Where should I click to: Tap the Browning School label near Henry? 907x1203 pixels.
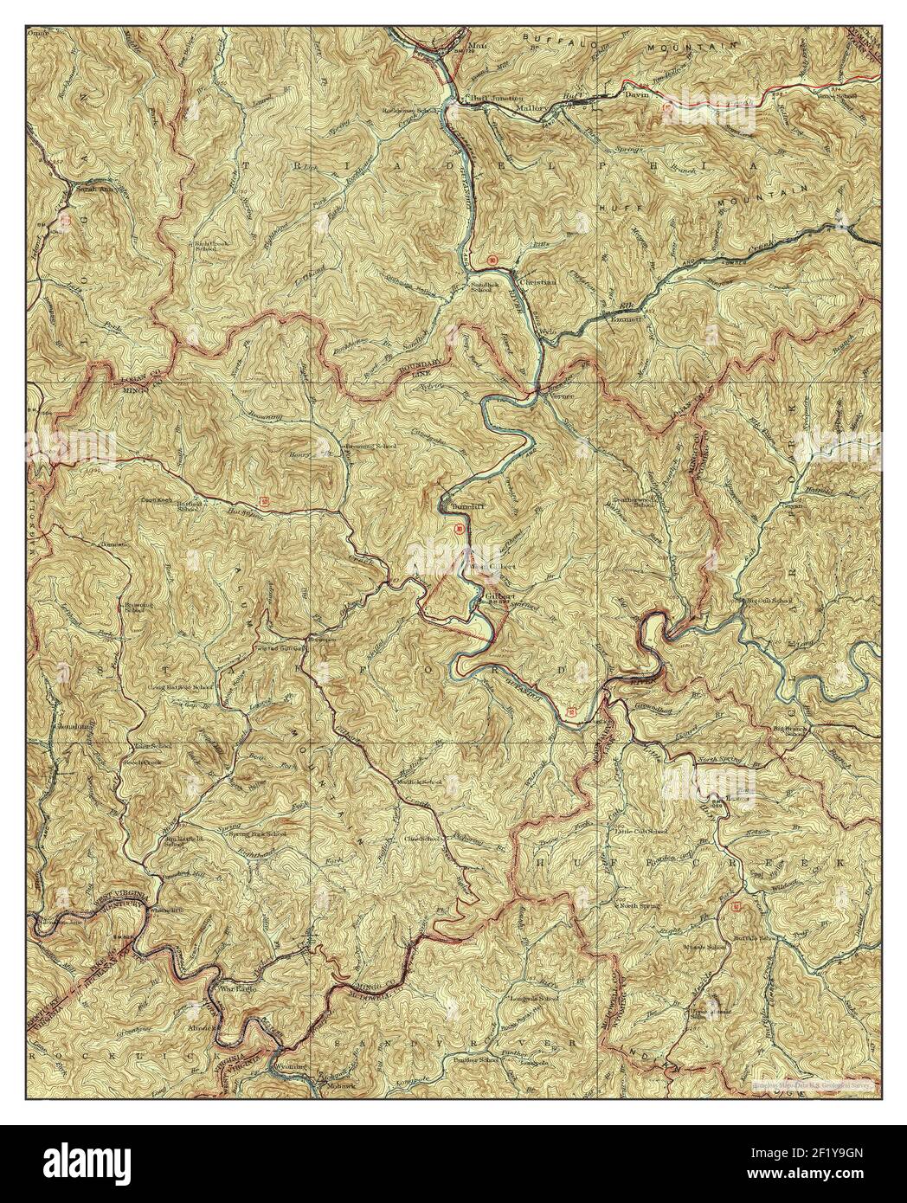[371, 446]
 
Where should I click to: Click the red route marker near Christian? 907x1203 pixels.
[492, 260]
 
